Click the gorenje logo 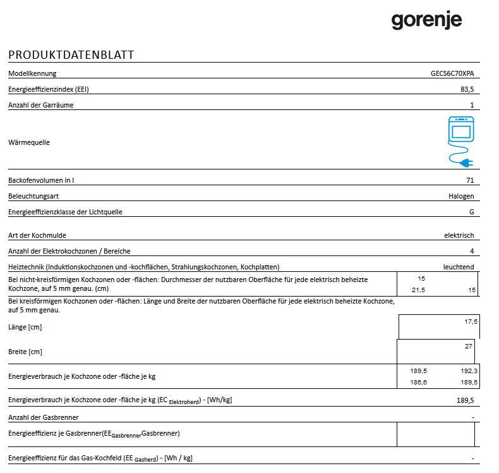pyautogui.click(x=426, y=21)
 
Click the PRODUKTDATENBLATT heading pyautogui.click(x=71, y=55)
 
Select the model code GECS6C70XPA pyautogui.click(x=448, y=73)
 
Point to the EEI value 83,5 pyautogui.click(x=467, y=89)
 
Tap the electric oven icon pyautogui.click(x=460, y=130)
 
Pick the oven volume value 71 pyautogui.click(x=470, y=180)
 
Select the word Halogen pyautogui.click(x=460, y=196)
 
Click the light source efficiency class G pyautogui.click(x=471, y=212)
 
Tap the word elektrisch pyautogui.click(x=459, y=235)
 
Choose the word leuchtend pyautogui.click(x=459, y=267)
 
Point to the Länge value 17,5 pyautogui.click(x=471, y=322)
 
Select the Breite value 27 pyautogui.click(x=468, y=346)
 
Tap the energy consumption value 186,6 pyautogui.click(x=419, y=383)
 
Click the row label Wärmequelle pyautogui.click(x=29, y=142)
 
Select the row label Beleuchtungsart pyautogui.click(x=33, y=196)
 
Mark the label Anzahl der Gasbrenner pyautogui.click(x=44, y=417)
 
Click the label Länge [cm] pyautogui.click(x=25, y=327)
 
